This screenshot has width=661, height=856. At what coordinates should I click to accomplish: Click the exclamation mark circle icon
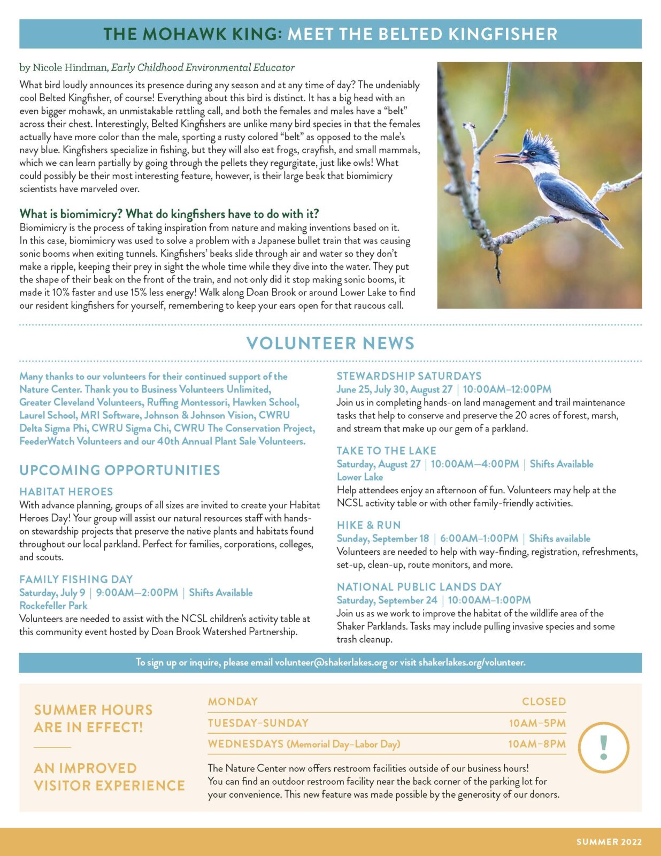(604, 747)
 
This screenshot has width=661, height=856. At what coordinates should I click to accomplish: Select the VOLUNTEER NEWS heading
(330, 343)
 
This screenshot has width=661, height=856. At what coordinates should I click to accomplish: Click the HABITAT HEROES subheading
(66, 492)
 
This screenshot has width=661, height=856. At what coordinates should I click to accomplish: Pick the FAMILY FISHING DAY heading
(76, 579)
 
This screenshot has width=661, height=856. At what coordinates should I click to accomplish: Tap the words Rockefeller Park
(53, 606)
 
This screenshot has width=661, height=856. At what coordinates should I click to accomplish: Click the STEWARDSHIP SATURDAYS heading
(409, 376)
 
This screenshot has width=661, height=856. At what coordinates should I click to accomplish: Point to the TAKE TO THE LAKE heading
(387, 451)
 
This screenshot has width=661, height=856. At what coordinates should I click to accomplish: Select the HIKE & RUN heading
(369, 525)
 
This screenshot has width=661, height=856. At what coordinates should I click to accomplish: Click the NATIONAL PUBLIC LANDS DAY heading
(419, 587)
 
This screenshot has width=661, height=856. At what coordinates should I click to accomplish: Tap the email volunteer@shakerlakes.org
(330, 662)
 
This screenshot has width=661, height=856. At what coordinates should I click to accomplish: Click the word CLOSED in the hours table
(544, 701)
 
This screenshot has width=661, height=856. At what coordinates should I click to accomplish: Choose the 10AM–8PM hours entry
(537, 744)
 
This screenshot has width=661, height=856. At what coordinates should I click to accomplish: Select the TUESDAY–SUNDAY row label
(258, 723)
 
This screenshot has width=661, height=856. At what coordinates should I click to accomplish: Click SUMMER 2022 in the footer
(609, 842)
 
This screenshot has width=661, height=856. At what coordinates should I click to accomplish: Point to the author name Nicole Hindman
(70, 67)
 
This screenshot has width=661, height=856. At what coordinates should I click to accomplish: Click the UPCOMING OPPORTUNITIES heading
(120, 470)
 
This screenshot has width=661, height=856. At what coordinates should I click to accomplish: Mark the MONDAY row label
(233, 701)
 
